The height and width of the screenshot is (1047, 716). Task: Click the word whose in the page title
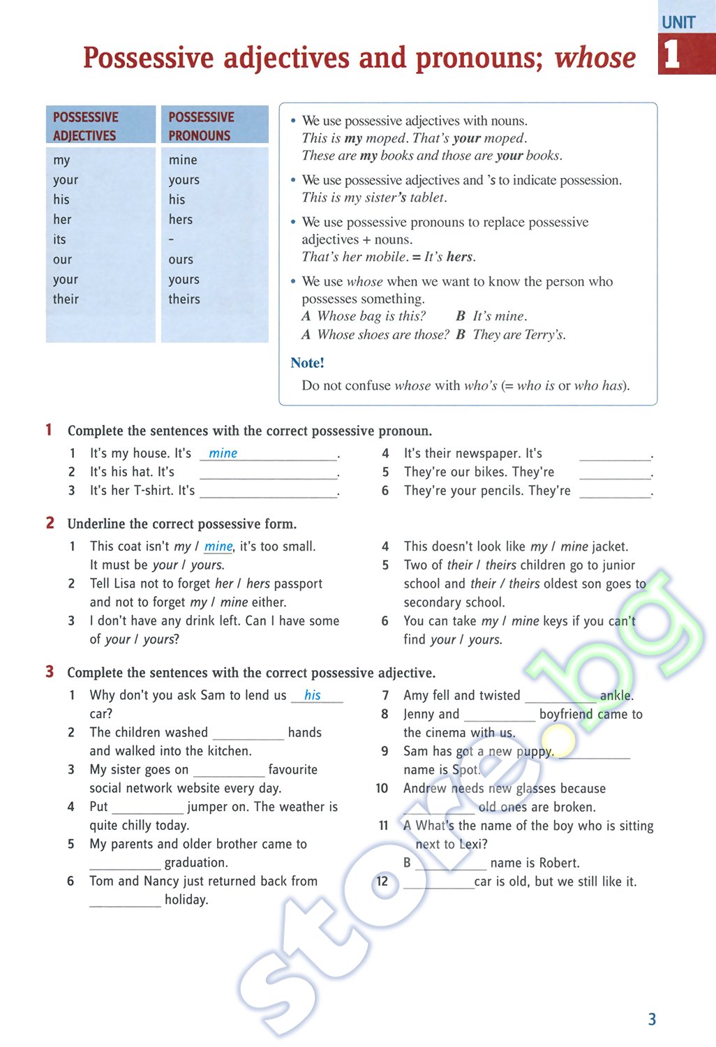(595, 58)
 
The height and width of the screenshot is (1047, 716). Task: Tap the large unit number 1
(671, 54)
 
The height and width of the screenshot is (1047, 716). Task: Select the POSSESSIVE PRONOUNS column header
(201, 126)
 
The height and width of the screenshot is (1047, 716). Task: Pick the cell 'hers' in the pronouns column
(180, 220)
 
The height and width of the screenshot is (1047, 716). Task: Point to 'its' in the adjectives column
(59, 239)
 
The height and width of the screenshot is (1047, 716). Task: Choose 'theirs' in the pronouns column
(184, 299)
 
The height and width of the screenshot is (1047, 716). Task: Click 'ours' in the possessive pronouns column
(181, 260)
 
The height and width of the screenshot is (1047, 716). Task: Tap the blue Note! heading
(307, 363)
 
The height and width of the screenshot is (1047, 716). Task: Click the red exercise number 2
(50, 523)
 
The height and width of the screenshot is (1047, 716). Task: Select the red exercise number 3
(50, 671)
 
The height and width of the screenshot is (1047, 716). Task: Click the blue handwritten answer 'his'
(313, 695)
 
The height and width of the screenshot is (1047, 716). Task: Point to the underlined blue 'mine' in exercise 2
(218, 547)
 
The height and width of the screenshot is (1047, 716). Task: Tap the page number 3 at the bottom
(652, 1019)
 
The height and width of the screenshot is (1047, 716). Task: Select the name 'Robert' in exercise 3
(558, 863)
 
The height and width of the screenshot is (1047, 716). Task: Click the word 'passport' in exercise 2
(298, 584)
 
